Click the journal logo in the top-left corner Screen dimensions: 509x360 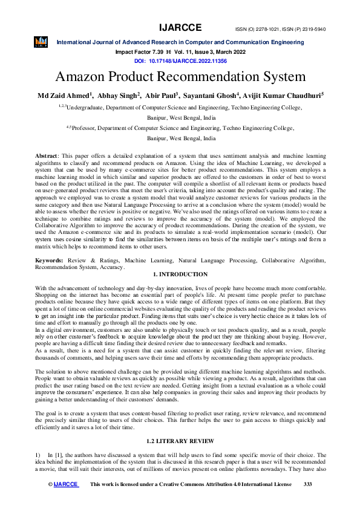point(41,42)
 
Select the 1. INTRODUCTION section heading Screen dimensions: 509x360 point(180,274)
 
